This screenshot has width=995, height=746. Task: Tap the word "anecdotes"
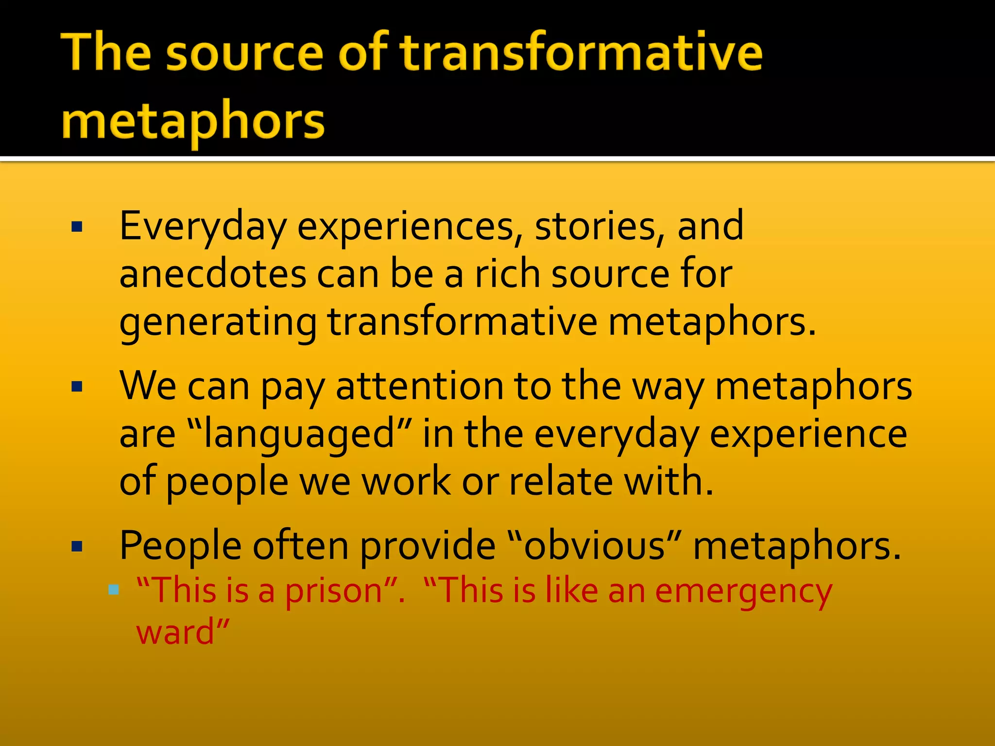click(x=212, y=274)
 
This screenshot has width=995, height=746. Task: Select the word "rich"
click(x=508, y=274)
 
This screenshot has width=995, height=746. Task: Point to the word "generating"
click(x=218, y=323)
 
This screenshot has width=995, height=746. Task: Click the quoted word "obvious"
click(x=594, y=546)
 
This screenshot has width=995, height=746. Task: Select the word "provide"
click(x=428, y=546)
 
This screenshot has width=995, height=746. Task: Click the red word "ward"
click(x=175, y=632)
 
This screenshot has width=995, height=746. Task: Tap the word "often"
click(x=301, y=546)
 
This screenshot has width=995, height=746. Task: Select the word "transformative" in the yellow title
click(x=581, y=53)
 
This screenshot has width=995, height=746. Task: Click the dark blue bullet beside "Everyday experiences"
click(x=77, y=227)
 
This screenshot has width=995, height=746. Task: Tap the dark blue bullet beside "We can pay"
click(x=77, y=387)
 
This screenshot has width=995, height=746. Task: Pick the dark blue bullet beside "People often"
click(x=77, y=547)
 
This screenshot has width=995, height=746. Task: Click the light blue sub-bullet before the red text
click(x=114, y=590)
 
